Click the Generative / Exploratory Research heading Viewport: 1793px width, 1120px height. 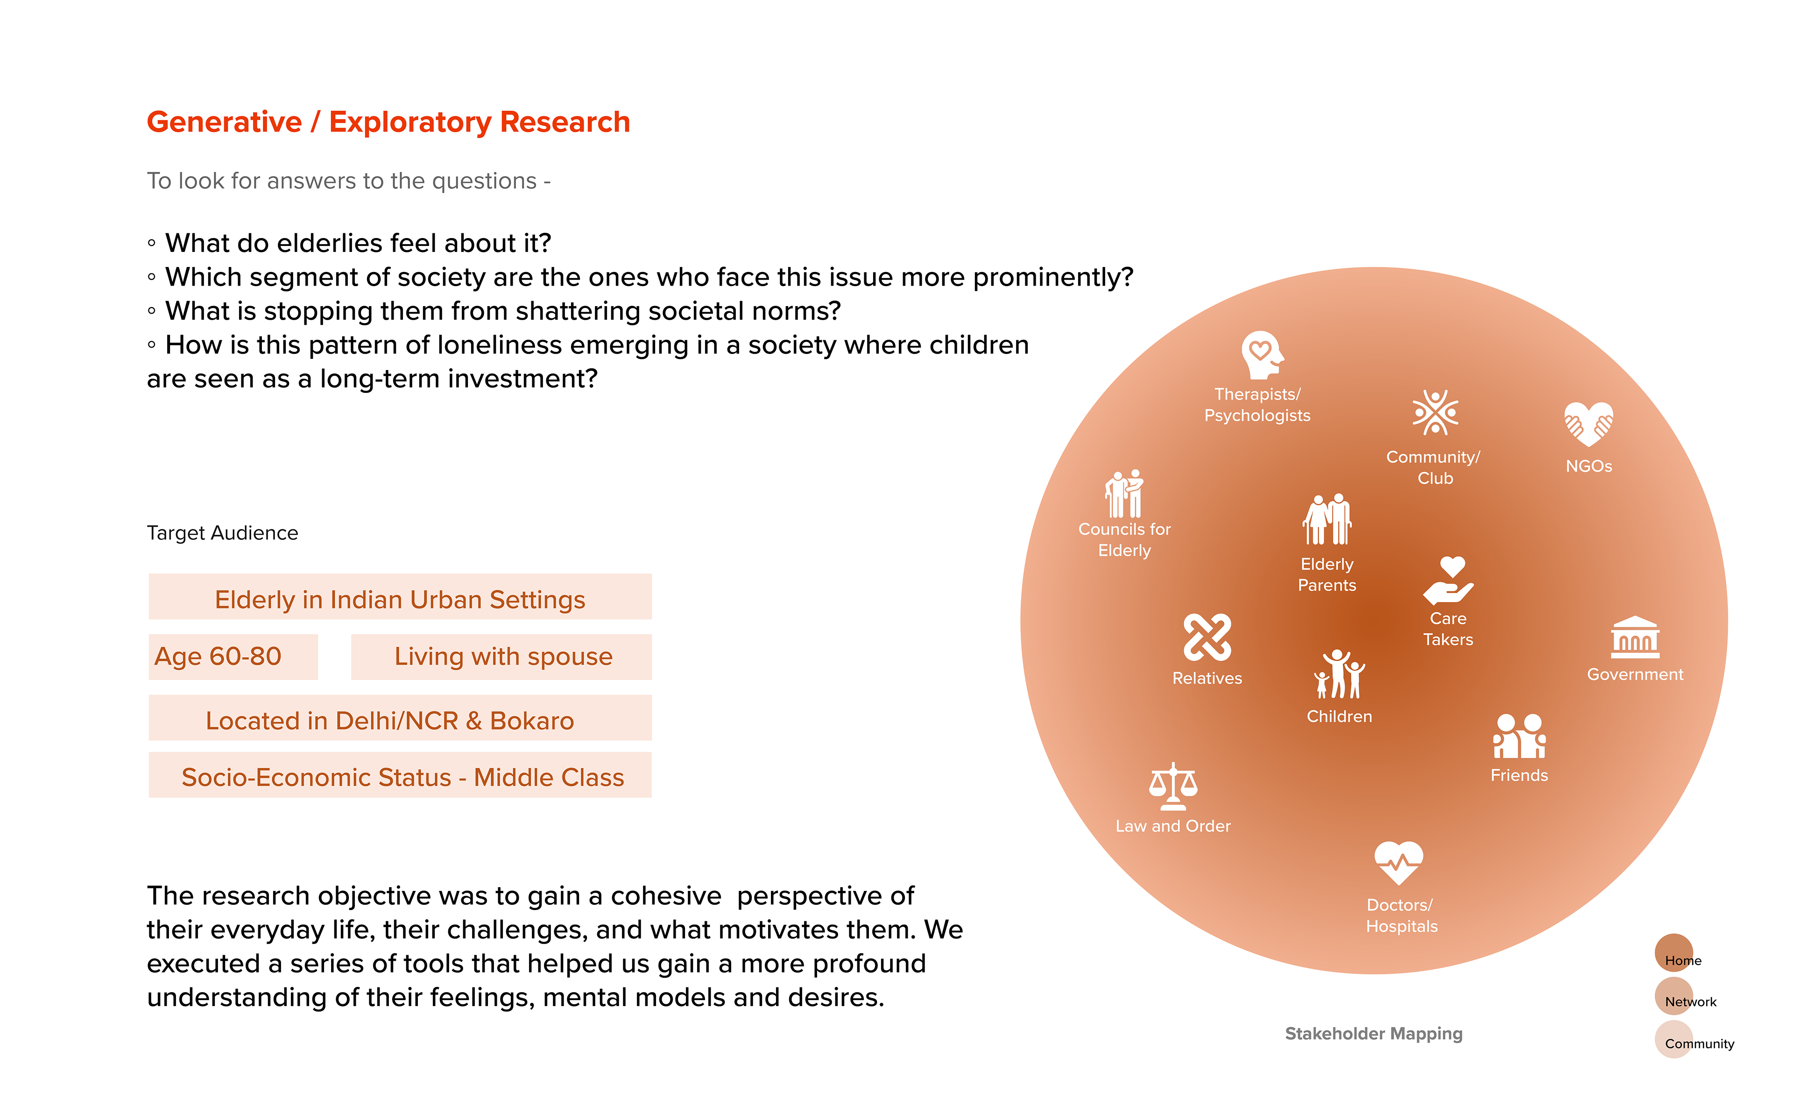pyautogui.click(x=388, y=122)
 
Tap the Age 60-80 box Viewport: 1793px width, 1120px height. pyautogui.click(x=233, y=656)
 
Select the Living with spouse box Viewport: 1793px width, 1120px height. pyautogui.click(x=501, y=656)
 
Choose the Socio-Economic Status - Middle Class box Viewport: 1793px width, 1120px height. pyautogui.click(x=400, y=776)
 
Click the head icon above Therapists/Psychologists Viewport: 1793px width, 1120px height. pyautogui.click(x=1261, y=355)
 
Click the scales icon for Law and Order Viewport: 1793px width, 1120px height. pyautogui.click(x=1173, y=787)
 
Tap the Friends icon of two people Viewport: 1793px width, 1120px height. pyautogui.click(x=1519, y=736)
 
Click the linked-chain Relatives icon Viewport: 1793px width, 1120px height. pyautogui.click(x=1207, y=637)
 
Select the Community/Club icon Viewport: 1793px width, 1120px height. pyautogui.click(x=1435, y=413)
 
